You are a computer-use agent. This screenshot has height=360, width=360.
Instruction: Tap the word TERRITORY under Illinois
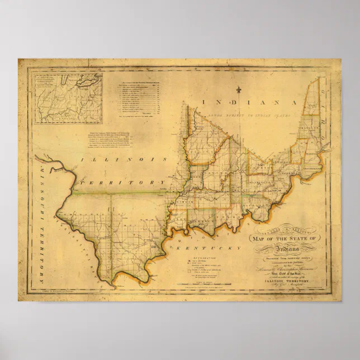pos(121,183)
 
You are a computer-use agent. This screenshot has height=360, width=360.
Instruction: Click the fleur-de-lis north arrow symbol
pos(239,90)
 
